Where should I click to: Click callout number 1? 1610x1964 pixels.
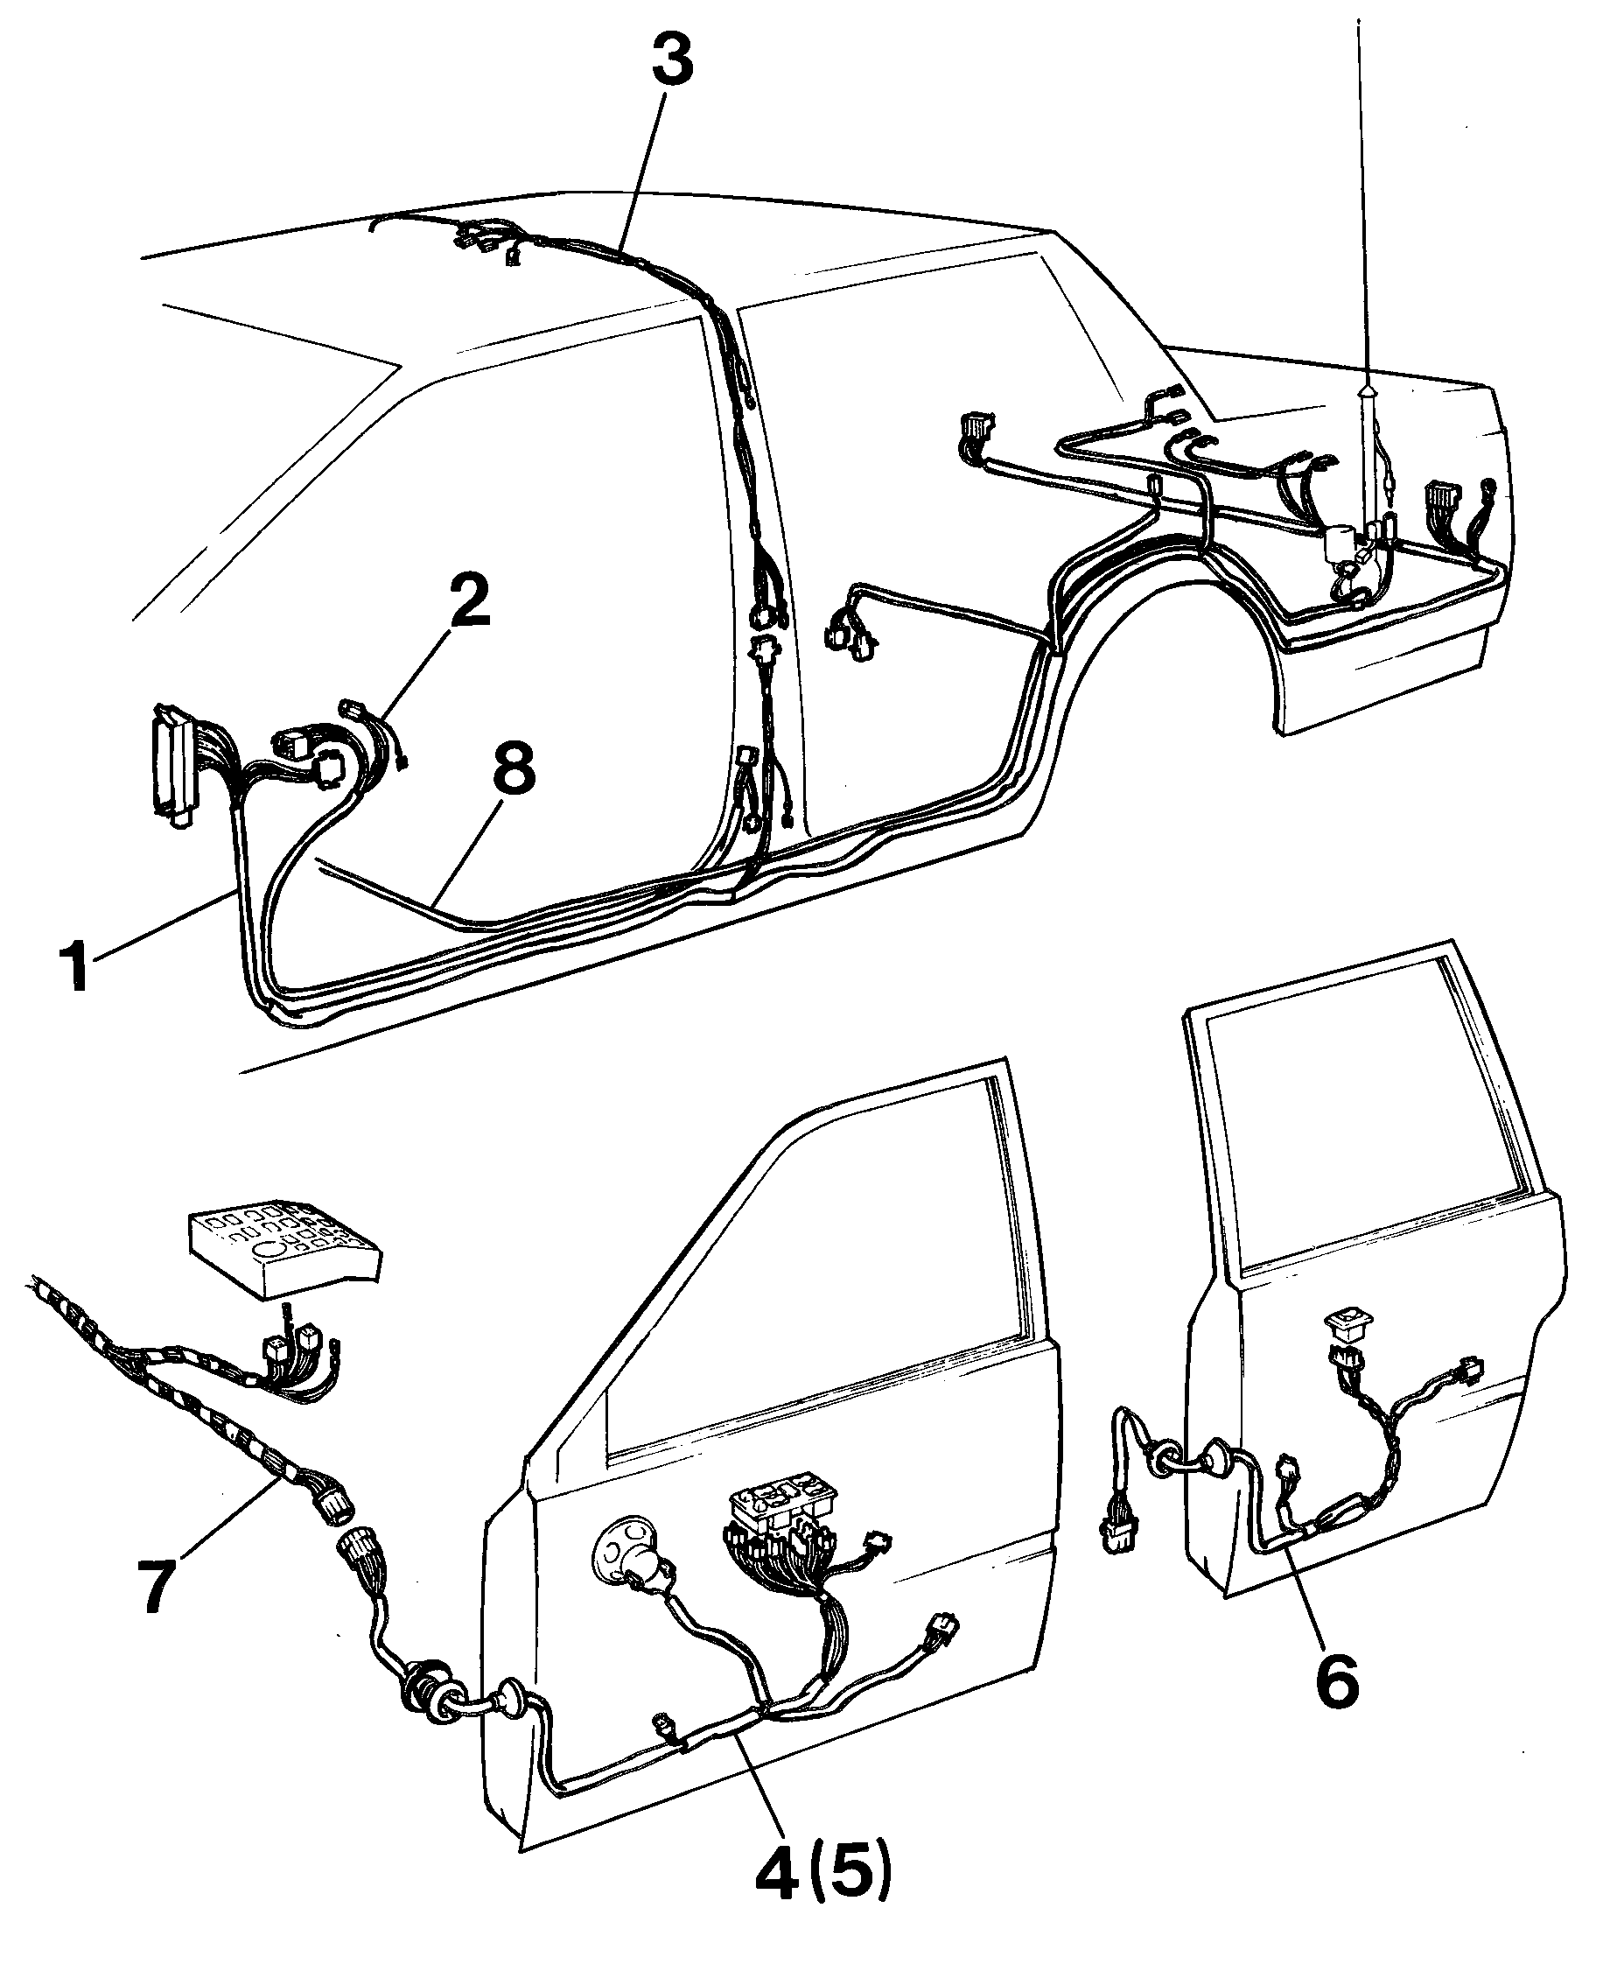tap(77, 964)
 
